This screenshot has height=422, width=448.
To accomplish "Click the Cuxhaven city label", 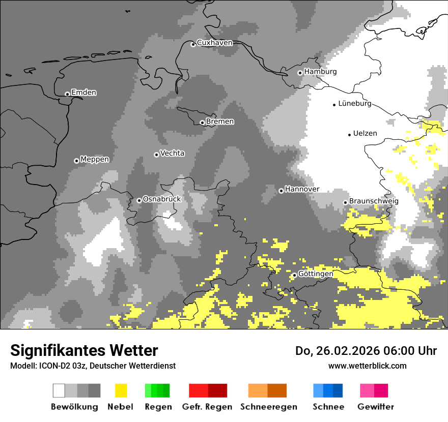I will [x=214, y=43].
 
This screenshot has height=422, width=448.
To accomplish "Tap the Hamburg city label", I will [x=320, y=72].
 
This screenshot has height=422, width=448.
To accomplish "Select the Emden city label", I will [x=83, y=93].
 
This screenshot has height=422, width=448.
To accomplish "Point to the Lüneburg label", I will [x=354, y=104].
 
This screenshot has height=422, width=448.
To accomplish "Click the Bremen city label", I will [x=220, y=122].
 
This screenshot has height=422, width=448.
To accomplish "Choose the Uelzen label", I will [x=365, y=133].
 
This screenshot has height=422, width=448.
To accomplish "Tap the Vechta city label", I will [x=172, y=153].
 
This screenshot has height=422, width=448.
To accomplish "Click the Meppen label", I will [x=95, y=159].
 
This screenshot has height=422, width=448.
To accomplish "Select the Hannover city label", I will [x=302, y=189].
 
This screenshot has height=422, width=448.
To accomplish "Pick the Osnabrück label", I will [x=162, y=199].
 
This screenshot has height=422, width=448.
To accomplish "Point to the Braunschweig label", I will [x=374, y=201].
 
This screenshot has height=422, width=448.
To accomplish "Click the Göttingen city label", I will [x=316, y=274].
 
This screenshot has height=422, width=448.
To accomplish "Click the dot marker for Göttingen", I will [x=294, y=275].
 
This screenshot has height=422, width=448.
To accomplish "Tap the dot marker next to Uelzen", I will [x=349, y=135].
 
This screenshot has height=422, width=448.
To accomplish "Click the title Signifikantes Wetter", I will [x=84, y=350].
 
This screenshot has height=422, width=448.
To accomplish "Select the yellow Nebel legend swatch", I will [x=121, y=390].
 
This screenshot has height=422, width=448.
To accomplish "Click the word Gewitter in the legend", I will [x=375, y=407].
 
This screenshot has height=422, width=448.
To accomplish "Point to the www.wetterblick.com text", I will [x=367, y=366].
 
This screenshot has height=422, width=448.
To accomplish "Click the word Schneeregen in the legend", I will [x=268, y=407].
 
